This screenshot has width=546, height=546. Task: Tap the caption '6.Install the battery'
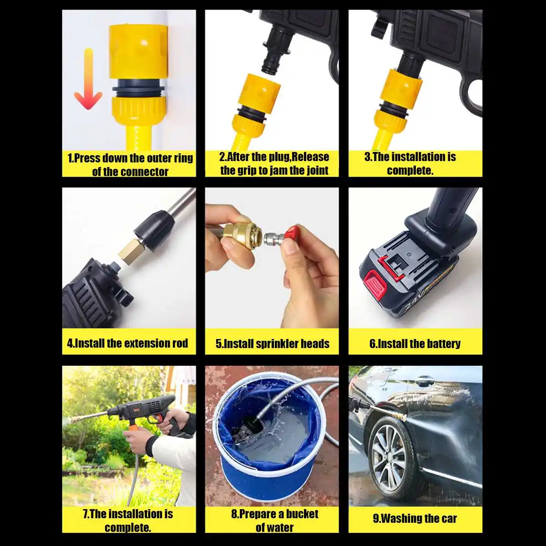(415, 344)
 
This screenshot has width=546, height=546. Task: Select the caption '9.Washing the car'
(415, 518)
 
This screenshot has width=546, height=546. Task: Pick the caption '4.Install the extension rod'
(127, 344)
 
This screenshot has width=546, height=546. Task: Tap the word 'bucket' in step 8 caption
(302, 514)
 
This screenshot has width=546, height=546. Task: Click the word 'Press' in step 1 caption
(87, 158)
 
